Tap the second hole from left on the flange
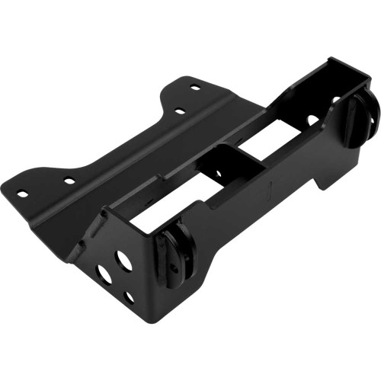point(69,181)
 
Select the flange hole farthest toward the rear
point(195,88)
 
